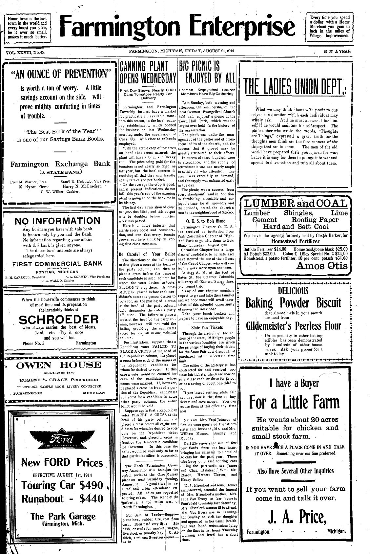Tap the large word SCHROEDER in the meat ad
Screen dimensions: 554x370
click(x=58, y=319)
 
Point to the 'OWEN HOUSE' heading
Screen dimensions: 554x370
click(x=59, y=365)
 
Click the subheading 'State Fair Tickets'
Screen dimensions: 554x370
click(x=207, y=327)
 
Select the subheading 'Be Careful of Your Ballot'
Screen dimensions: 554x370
click(x=147, y=254)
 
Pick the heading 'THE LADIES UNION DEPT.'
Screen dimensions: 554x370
click(x=294, y=87)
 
